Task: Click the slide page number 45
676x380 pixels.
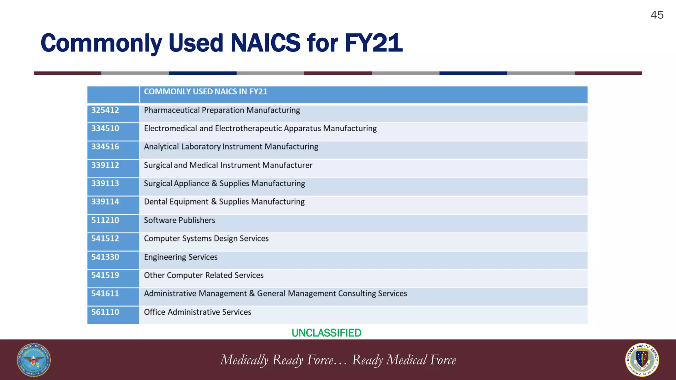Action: tap(657, 15)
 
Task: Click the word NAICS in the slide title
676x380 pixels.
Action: tap(265, 43)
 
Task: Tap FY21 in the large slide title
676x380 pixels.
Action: tap(373, 43)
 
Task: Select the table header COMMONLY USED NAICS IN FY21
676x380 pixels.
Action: tap(205, 92)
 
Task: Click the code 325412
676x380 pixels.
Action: tap(105, 110)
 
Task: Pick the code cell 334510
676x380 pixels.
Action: tap(105, 128)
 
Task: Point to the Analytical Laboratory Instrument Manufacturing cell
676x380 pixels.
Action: tap(231, 147)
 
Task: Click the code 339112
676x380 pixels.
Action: tap(105, 165)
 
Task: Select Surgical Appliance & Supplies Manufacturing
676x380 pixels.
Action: tap(224, 183)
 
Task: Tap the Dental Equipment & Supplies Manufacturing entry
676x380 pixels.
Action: tap(224, 202)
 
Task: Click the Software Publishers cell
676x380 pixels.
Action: tap(179, 220)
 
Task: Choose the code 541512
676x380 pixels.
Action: tap(105, 238)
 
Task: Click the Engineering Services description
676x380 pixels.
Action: tap(181, 257)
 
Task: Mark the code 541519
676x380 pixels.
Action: tap(105, 275)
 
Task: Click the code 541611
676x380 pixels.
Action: tap(105, 294)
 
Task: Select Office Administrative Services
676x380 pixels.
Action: tap(197, 312)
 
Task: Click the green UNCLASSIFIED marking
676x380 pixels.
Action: tap(326, 333)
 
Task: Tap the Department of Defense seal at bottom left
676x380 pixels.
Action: tap(34, 360)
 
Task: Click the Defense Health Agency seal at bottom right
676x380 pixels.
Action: tap(642, 360)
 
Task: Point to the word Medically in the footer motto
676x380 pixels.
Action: tap(244, 360)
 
